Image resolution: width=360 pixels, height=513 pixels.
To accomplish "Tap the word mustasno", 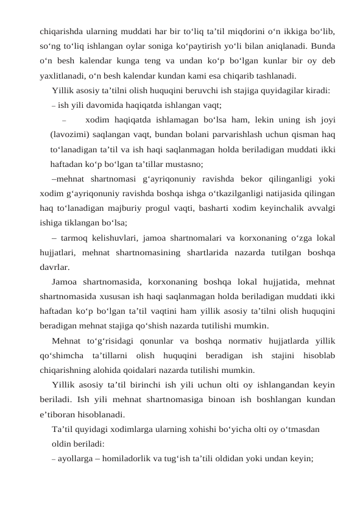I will tap(181, 165).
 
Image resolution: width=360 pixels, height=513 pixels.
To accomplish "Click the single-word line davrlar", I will tap(54, 267).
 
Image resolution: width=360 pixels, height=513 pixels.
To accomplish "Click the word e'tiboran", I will tap(60, 415).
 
